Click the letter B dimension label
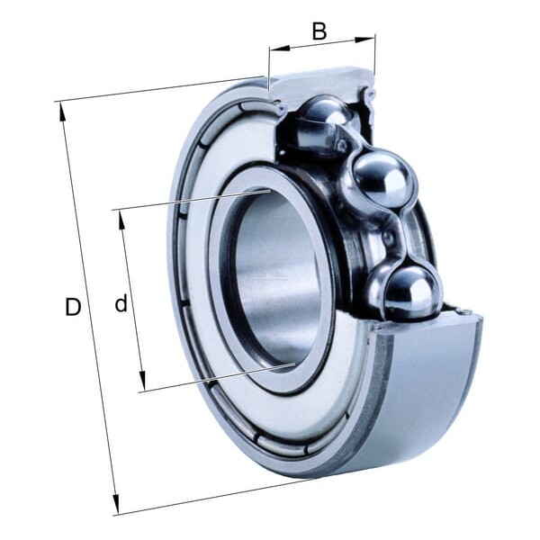point(319,31)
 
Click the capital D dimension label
point(73,307)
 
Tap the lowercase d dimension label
point(121,302)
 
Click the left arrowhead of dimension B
point(279,49)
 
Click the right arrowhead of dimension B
point(364,39)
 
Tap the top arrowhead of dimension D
point(62,112)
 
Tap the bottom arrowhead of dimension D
point(116,504)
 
